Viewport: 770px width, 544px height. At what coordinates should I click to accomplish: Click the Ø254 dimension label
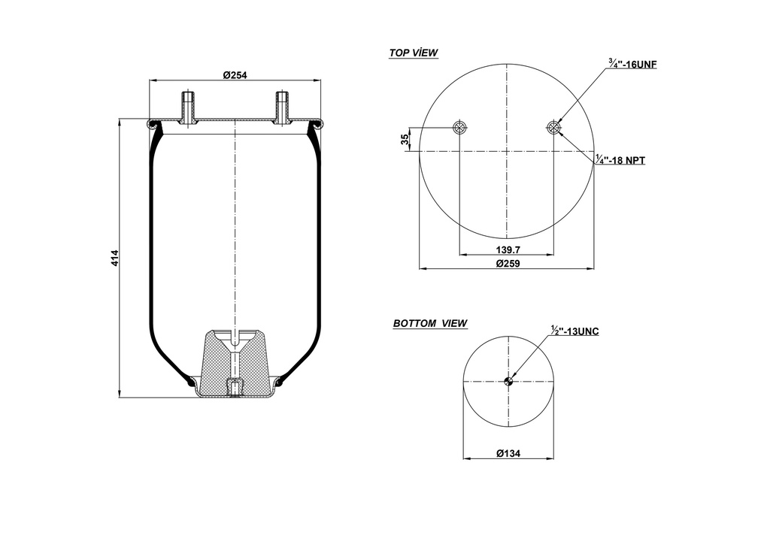coord(235,74)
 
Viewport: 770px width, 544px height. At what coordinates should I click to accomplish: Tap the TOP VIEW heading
coord(414,53)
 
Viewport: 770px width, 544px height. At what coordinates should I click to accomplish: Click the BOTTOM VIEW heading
coord(430,324)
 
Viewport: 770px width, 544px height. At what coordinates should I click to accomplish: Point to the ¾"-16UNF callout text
coord(632,65)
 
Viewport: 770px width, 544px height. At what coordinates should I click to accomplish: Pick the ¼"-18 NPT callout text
coord(620,160)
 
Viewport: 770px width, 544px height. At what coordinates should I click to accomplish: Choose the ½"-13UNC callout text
coord(575,331)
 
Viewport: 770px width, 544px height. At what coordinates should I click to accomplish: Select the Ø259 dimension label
coord(508,263)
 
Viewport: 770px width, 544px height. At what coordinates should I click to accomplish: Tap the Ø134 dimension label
coord(509,453)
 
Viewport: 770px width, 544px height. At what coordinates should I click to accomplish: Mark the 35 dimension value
coord(405,139)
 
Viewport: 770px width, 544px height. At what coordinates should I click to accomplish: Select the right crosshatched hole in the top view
coord(554,127)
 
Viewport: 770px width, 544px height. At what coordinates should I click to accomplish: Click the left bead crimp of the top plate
coord(153,124)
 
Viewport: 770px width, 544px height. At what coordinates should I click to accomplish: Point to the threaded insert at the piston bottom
coord(235,388)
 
